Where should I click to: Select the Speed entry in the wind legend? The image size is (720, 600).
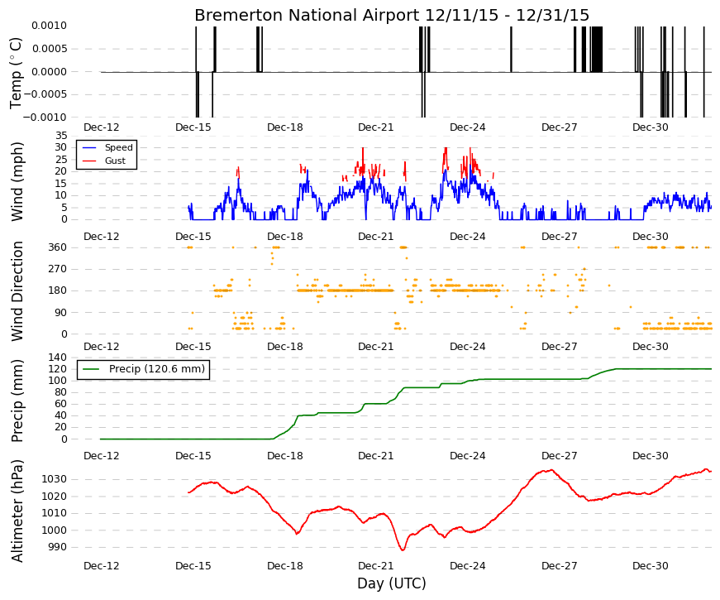click(x=118, y=147)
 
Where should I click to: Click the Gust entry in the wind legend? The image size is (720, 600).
click(x=115, y=161)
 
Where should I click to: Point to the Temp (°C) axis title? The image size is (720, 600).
click(x=16, y=74)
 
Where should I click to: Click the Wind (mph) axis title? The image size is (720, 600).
click(x=17, y=181)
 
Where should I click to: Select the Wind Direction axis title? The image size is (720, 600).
click(x=17, y=291)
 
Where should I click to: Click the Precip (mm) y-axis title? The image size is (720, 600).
click(x=17, y=401)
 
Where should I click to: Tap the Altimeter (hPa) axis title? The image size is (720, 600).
click(x=17, y=511)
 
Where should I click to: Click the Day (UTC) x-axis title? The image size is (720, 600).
click(x=392, y=583)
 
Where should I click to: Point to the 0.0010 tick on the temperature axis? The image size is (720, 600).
click(x=49, y=26)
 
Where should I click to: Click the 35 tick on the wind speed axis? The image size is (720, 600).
click(x=61, y=136)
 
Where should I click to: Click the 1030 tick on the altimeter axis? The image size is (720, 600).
click(x=55, y=479)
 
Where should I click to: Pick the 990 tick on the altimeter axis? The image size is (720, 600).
click(x=57, y=547)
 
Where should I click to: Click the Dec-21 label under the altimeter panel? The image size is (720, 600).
click(x=376, y=566)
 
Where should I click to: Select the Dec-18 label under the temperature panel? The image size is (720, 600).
click(x=285, y=127)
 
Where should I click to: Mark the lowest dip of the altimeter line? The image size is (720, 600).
click(x=403, y=550)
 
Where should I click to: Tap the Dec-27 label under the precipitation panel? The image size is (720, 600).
click(x=560, y=456)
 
